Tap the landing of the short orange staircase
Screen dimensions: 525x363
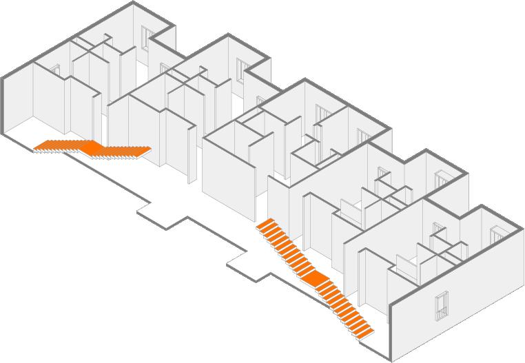(x=90, y=147)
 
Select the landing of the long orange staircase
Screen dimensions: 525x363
(x=314, y=279)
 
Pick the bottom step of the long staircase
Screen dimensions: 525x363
(x=364, y=333)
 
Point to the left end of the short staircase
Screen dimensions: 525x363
(x=39, y=145)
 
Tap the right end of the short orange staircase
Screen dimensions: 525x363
(x=145, y=149)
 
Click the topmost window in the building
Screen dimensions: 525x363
(x=147, y=37)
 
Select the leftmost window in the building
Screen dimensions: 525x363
(x=56, y=70)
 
